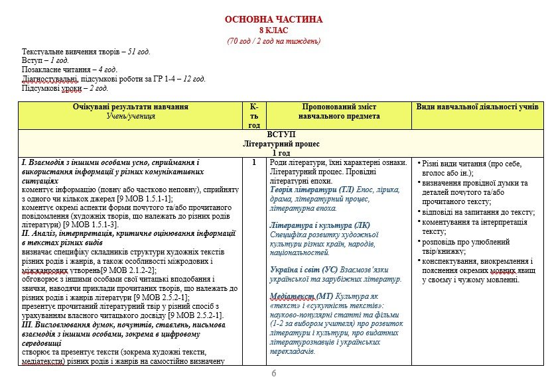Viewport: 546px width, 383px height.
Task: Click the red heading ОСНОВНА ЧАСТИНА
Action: pos(273,20)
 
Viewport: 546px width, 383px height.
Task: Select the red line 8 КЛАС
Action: pos(273,30)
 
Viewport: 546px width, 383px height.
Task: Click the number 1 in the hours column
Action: pos(253,162)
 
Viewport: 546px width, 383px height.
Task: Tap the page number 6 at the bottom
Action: pos(273,374)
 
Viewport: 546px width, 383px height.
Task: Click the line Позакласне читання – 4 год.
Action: pos(70,70)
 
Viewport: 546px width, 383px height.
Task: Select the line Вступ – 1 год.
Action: pos(45,60)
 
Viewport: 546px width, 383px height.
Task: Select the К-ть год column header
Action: pos(254,115)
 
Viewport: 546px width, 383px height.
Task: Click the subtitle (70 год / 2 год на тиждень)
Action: pos(273,41)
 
